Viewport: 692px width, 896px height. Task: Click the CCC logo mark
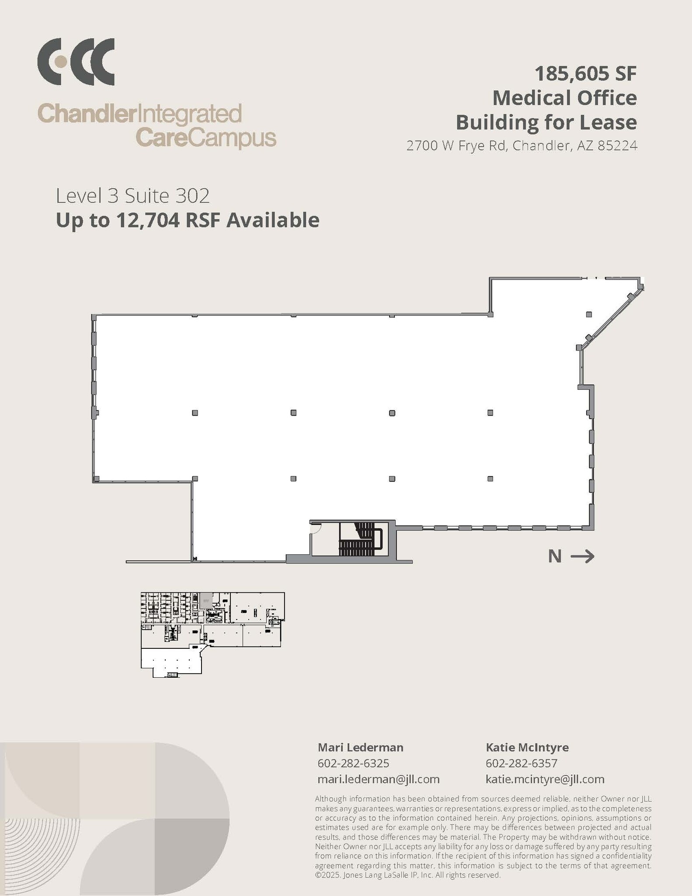(76, 62)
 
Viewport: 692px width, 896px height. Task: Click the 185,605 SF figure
(585, 73)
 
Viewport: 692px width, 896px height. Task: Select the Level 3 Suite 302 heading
(132, 196)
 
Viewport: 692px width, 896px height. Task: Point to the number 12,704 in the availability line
(147, 220)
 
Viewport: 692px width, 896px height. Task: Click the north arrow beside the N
(582, 556)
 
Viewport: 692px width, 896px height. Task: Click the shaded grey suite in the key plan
(206, 600)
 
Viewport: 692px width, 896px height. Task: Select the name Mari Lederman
(360, 747)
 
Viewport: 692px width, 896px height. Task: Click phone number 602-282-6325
(353, 763)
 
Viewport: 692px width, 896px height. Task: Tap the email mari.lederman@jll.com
(378, 779)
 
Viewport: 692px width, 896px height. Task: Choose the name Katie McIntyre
(527, 747)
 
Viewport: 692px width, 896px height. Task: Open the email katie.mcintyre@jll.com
(545, 779)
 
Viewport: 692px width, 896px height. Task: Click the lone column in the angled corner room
(589, 315)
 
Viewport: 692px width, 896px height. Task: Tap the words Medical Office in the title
(564, 98)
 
